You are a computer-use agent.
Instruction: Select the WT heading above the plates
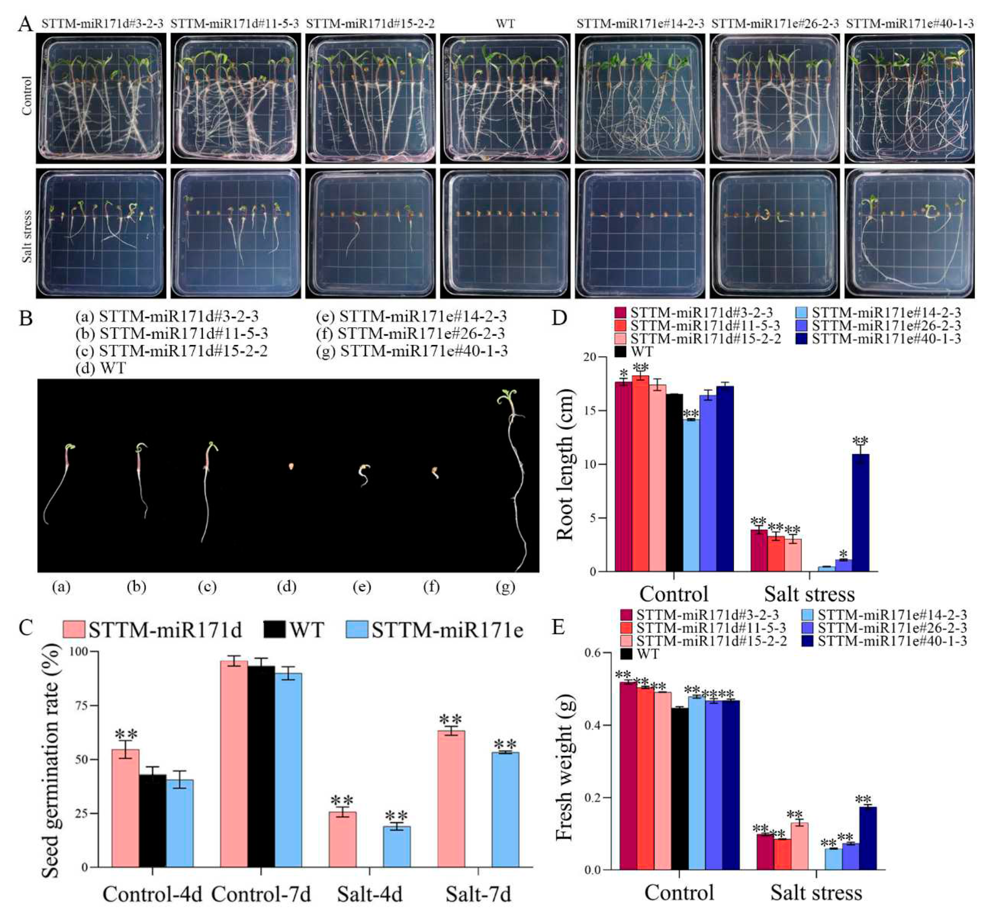point(505,23)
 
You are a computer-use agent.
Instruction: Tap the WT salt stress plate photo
point(505,233)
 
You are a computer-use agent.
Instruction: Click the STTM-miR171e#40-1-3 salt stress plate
point(910,233)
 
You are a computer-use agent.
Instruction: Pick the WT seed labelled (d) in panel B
point(291,466)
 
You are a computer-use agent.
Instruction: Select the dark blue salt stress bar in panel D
point(860,513)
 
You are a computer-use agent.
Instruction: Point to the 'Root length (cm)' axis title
point(564,464)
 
